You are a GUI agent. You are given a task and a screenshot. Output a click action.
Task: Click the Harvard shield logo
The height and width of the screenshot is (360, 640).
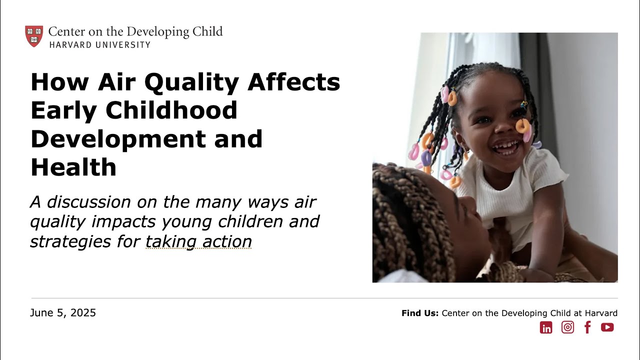[x=34, y=36]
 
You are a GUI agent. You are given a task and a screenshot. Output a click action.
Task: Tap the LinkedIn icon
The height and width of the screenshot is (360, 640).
[x=546, y=327]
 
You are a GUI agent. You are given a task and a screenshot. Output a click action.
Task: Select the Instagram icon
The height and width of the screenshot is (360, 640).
[x=567, y=327]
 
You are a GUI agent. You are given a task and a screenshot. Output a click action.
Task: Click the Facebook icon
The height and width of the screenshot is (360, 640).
[x=587, y=327]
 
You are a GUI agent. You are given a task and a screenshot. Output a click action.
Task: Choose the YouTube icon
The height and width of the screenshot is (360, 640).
[x=607, y=327]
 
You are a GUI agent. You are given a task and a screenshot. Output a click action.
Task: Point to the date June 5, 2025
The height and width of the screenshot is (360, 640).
[x=63, y=313]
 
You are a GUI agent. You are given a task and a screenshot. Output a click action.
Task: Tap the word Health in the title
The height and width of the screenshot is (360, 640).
[x=73, y=167]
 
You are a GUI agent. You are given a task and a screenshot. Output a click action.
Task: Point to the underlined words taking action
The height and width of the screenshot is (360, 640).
[x=198, y=241]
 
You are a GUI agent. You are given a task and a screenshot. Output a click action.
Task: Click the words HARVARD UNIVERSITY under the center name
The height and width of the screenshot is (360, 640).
[x=99, y=44]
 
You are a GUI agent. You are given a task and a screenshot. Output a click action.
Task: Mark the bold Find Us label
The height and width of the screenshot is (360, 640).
[x=419, y=313]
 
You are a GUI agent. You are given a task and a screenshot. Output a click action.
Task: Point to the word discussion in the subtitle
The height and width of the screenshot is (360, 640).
[x=88, y=202]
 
